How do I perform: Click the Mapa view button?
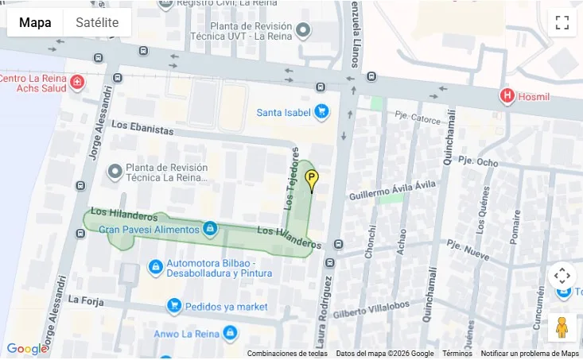tap(35, 22)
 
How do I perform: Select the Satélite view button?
tap(97, 22)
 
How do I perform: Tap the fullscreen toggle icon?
tap(562, 22)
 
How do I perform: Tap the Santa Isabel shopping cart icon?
tap(321, 112)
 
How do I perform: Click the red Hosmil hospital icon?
tap(507, 96)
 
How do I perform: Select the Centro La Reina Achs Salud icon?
tap(76, 82)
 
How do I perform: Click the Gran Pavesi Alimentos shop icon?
tap(210, 229)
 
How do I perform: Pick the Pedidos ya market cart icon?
tap(173, 306)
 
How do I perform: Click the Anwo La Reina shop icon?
tap(230, 332)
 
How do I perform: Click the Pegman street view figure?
tap(562, 327)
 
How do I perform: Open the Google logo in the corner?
tap(26, 349)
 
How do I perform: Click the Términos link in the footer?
tap(457, 354)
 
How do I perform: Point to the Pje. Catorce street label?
tap(418, 118)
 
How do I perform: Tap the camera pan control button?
tap(562, 276)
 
